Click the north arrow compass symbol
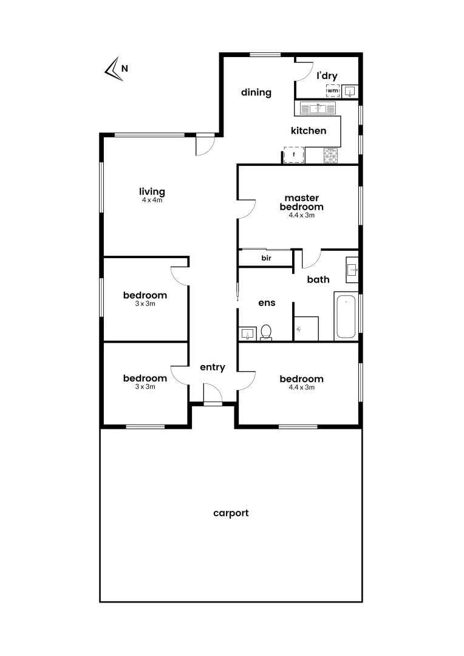click(x=112, y=69)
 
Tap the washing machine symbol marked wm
click(x=332, y=91)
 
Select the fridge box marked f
click(x=294, y=155)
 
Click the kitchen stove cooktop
click(x=330, y=155)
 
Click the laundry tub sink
click(x=350, y=91)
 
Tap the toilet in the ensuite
click(x=266, y=333)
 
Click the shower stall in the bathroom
click(x=306, y=328)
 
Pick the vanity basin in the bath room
click(x=352, y=269)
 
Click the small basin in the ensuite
click(x=247, y=333)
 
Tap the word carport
click(x=231, y=513)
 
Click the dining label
click(x=256, y=93)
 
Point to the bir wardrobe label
click(x=266, y=258)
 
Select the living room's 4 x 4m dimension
click(x=152, y=200)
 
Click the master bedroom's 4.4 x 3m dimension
click(x=301, y=214)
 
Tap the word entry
click(x=213, y=367)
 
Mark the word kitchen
click(x=309, y=131)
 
